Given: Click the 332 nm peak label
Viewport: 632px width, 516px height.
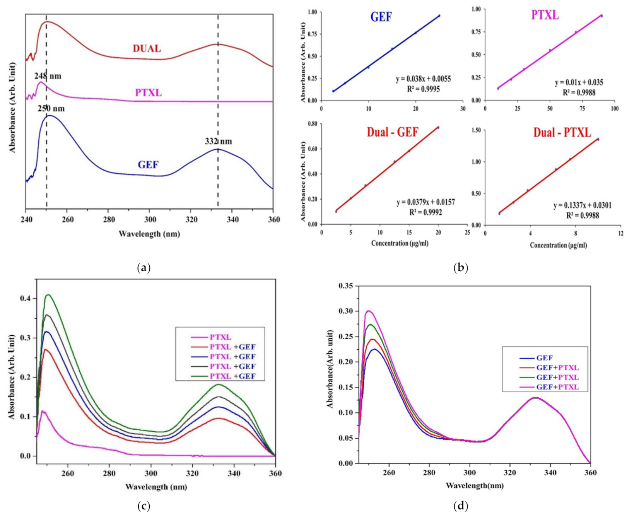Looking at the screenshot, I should click(218, 141).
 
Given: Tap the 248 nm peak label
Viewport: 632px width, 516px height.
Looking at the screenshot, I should click(48, 76).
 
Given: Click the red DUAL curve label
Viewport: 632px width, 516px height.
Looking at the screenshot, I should click(147, 49).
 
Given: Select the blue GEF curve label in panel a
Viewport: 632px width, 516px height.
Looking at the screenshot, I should click(148, 165).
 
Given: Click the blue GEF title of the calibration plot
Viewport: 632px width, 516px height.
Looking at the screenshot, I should click(381, 17).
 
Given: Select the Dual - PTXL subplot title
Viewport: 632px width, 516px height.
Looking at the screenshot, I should click(562, 133).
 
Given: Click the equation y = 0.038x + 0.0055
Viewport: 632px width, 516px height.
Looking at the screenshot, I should click(423, 79).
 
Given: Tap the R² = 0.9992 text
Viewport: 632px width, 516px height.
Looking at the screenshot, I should click(425, 212).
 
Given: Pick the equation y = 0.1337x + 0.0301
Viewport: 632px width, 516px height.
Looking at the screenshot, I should click(582, 205).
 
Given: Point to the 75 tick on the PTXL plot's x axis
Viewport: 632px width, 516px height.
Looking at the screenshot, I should click(582, 109).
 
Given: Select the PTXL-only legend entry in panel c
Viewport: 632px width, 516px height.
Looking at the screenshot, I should click(220, 337).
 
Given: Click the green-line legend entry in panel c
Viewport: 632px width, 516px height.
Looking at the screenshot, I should click(232, 376).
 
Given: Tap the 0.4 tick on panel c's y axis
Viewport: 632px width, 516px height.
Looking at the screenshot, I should click(25, 299).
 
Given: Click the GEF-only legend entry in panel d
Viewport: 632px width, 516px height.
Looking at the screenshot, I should click(544, 358).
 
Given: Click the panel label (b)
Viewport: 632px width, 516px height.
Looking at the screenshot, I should click(460, 268).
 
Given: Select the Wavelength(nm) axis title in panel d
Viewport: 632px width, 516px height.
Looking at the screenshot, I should click(475, 485).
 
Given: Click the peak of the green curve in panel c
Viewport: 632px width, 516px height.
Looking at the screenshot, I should click(48, 295).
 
